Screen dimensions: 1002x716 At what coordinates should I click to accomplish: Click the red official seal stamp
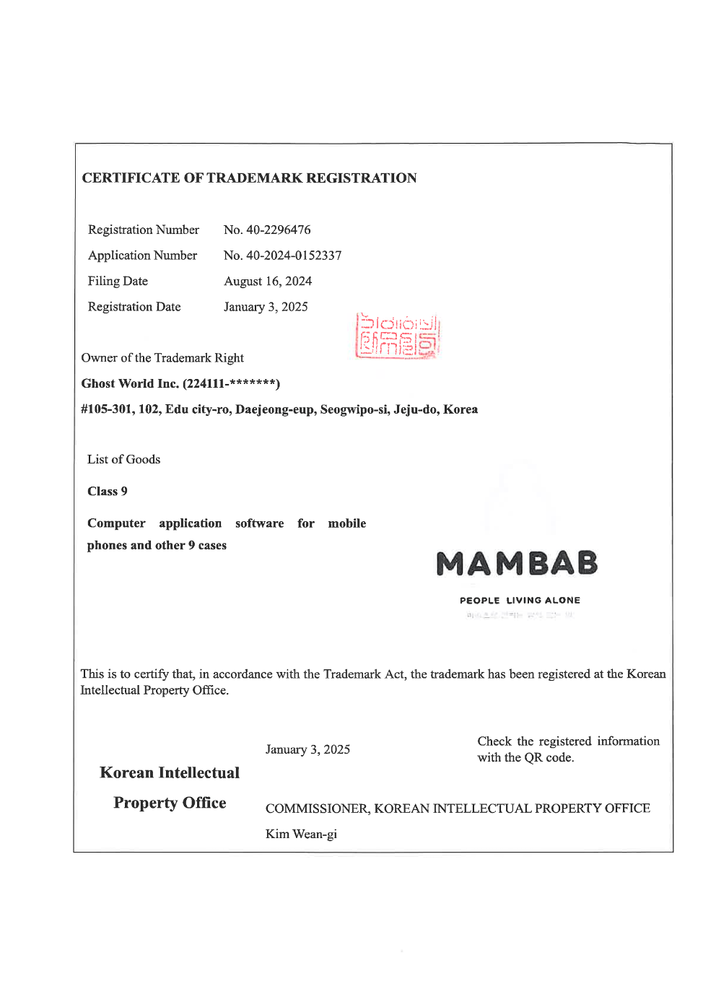(x=398, y=336)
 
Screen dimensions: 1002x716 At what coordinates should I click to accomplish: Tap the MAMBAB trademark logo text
(x=517, y=564)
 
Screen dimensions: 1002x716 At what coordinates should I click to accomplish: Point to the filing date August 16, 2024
(x=268, y=281)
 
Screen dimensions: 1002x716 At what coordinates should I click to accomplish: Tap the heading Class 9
(x=108, y=492)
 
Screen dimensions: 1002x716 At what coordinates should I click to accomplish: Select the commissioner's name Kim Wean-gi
(x=301, y=834)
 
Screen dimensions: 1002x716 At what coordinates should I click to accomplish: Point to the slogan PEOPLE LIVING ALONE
(x=520, y=600)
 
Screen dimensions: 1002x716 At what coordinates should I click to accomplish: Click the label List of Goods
(x=123, y=459)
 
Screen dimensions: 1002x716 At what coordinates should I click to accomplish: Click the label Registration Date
(x=134, y=307)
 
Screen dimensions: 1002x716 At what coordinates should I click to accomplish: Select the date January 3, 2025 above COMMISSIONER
(x=307, y=749)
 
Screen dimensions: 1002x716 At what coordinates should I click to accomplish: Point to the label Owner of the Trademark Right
(x=162, y=358)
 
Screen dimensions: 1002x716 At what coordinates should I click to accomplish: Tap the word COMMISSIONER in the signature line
(x=317, y=809)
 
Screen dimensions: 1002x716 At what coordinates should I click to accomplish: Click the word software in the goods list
(x=259, y=523)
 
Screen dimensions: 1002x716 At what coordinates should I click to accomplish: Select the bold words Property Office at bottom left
(x=170, y=803)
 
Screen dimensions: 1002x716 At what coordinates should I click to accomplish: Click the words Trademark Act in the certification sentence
(x=364, y=674)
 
